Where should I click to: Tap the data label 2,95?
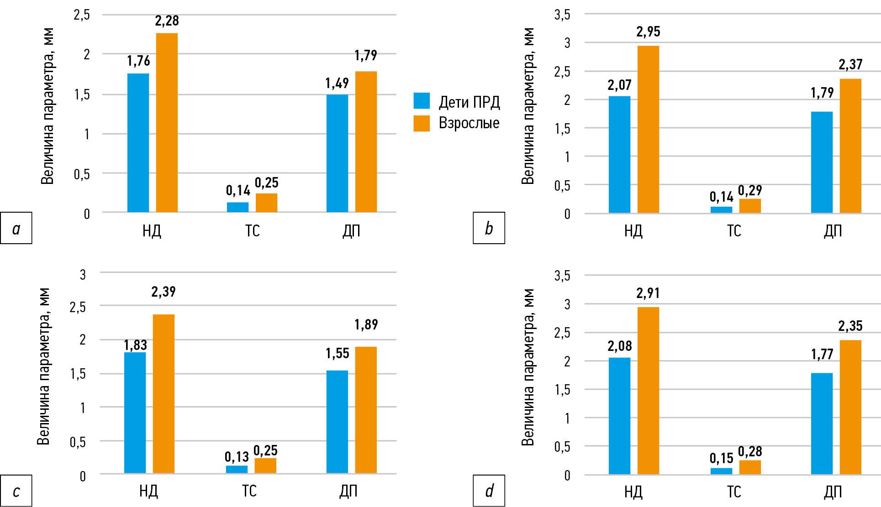click(648, 32)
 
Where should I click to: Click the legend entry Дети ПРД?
click(457, 101)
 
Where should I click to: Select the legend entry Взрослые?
click(457, 123)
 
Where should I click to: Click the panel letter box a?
click(16, 228)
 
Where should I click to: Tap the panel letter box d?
click(489, 491)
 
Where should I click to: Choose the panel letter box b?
click(489, 228)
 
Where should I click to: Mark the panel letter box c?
click(16, 491)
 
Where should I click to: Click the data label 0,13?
click(237, 457)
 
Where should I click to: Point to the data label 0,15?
click(721, 458)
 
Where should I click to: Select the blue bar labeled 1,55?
click(337, 422)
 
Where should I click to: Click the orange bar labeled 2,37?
click(850, 146)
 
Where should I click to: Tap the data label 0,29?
click(750, 190)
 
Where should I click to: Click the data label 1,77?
click(822, 354)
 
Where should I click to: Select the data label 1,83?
click(135, 345)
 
